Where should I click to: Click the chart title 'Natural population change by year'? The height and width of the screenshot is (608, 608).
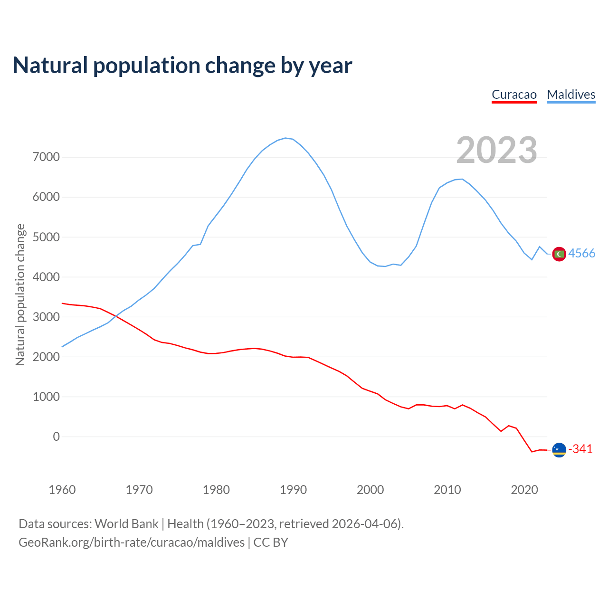182,66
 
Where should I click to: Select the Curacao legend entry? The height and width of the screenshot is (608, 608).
514,95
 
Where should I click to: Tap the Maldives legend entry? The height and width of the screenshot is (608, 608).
571,95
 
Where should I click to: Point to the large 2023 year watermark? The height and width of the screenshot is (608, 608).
496,150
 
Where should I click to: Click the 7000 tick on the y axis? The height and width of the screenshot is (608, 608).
46,157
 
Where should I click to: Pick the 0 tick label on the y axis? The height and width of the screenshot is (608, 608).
57,437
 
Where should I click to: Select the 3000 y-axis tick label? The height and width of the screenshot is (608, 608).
46,317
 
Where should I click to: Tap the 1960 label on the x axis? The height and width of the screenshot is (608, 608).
62,490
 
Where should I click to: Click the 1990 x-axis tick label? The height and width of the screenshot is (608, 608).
293,490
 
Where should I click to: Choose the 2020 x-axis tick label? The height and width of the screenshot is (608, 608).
524,490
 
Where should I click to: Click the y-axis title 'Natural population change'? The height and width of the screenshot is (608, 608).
20,295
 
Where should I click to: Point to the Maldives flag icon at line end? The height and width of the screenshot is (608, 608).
559,254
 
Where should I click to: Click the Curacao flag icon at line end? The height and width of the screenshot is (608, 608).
559,449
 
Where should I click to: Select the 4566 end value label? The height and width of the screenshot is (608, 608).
582,254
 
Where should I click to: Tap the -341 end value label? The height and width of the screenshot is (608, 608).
580,449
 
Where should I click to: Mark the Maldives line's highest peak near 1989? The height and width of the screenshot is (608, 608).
285,138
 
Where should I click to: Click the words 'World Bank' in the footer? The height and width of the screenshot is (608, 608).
126,524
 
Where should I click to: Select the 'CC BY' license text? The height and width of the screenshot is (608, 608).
271,542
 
